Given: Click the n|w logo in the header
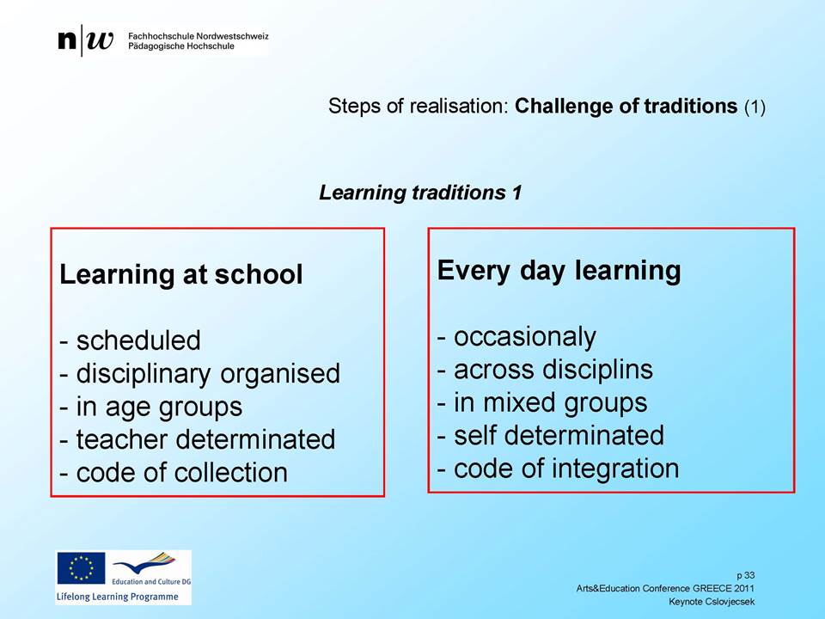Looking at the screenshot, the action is (x=85, y=40).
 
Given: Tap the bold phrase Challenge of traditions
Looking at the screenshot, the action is (x=626, y=106).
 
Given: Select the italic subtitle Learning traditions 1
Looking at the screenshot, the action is (x=420, y=193).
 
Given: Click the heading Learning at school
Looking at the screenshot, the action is (x=181, y=274).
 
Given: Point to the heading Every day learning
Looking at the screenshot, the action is (x=559, y=271).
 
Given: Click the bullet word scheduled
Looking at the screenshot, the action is (x=138, y=340).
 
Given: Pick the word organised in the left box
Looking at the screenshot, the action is (x=280, y=375).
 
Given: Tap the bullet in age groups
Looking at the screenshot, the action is (x=151, y=408).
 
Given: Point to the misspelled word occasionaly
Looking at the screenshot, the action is (x=525, y=337).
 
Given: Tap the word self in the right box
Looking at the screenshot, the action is (x=474, y=435).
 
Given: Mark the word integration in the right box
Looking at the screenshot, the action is (x=613, y=469).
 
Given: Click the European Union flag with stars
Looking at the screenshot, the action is (x=81, y=568).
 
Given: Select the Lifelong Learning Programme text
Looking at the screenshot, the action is (x=118, y=597).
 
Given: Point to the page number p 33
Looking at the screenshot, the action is (x=746, y=575).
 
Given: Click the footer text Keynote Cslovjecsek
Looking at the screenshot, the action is (x=712, y=601).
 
